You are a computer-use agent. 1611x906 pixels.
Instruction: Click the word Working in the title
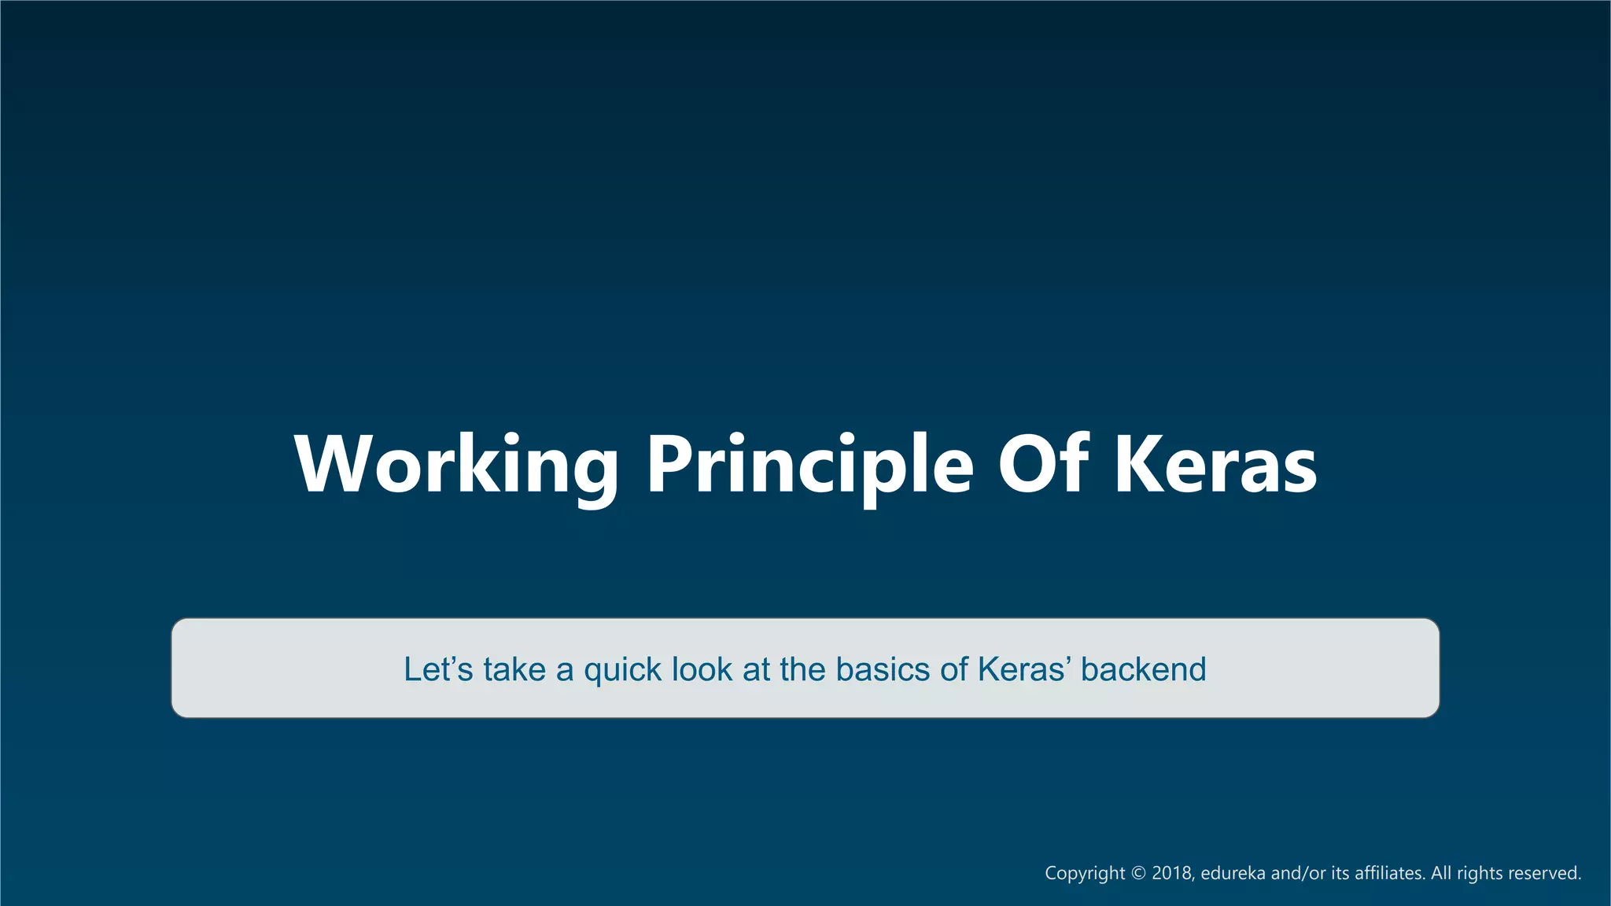tap(456, 466)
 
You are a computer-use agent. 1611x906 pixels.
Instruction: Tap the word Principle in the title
tap(810, 466)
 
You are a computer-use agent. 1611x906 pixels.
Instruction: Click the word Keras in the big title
tap(1215, 466)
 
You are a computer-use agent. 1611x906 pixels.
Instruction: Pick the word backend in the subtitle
tap(1143, 669)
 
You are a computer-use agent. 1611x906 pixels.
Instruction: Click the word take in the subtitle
tap(514, 669)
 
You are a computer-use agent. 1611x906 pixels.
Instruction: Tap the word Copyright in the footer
tap(1085, 874)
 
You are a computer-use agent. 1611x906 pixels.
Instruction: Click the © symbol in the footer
tap(1138, 873)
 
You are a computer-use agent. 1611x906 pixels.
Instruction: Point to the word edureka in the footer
tap(1233, 873)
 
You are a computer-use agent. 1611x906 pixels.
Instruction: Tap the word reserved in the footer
tap(1545, 873)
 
